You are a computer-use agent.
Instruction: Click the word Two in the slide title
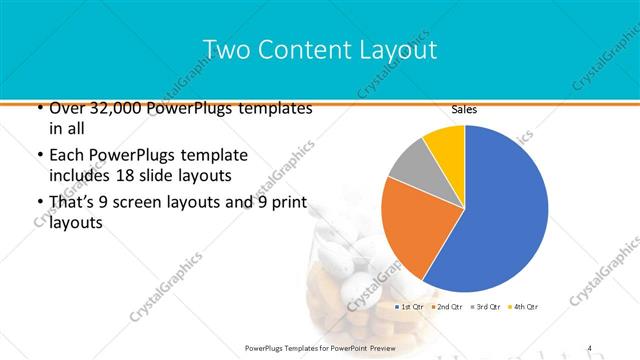[226, 49]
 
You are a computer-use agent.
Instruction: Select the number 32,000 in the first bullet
[102, 108]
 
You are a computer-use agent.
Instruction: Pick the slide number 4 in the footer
[590, 347]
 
